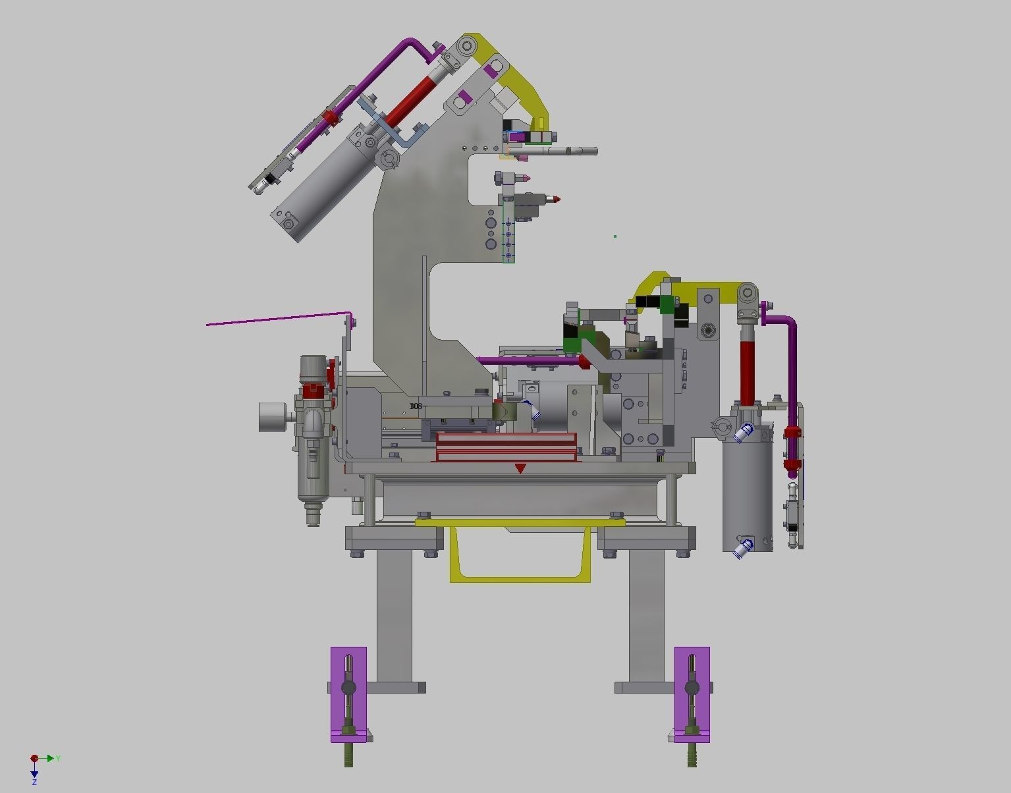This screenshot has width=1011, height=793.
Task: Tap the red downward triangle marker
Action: tap(520, 468)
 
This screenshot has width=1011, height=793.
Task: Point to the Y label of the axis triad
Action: tap(58, 759)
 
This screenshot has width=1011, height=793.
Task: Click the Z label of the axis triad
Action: tap(34, 782)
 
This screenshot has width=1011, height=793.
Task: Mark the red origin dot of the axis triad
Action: tap(34, 759)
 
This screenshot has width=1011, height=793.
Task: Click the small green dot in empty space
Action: tap(615, 236)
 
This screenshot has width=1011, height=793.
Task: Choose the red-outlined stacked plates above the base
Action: tap(506, 447)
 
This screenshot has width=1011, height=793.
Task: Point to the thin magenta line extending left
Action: tap(277, 319)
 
